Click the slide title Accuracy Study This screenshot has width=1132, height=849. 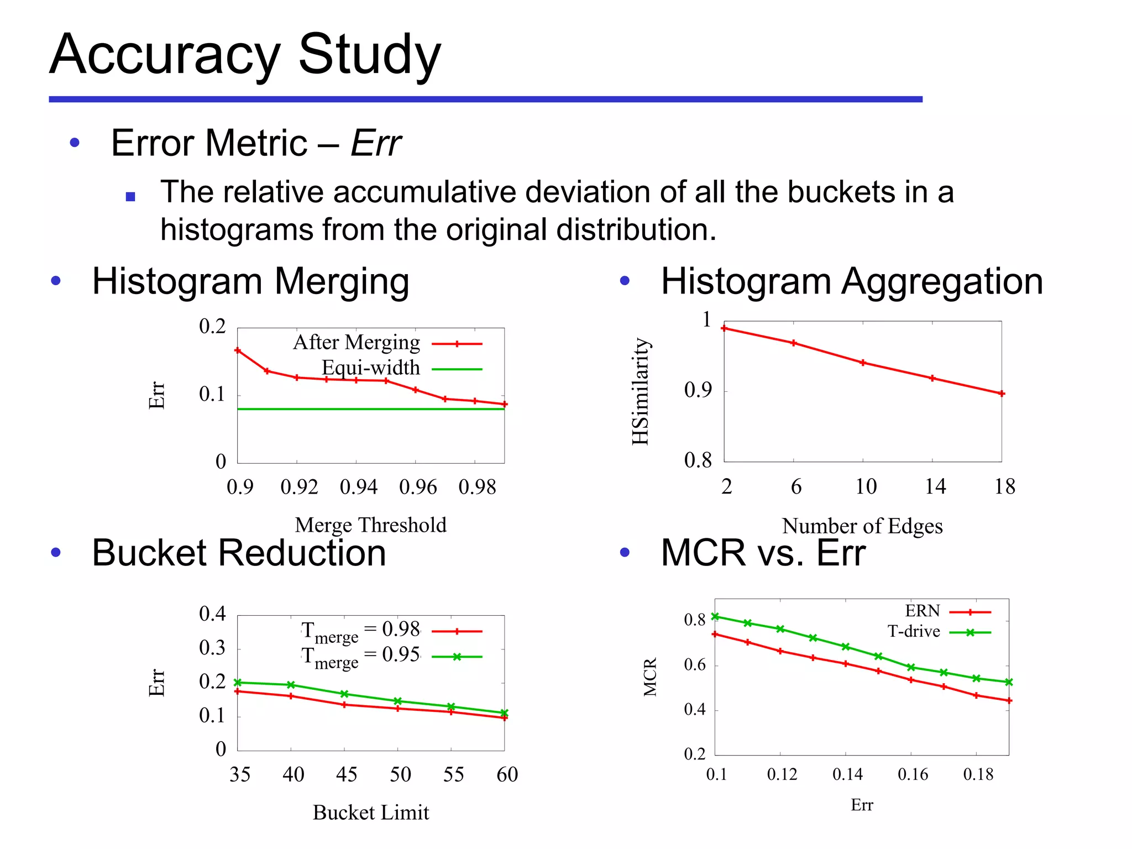pyautogui.click(x=245, y=55)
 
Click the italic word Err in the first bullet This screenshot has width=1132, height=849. pyautogui.click(x=376, y=143)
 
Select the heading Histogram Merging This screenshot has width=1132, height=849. pyautogui.click(x=250, y=281)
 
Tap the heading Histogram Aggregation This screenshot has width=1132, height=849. pyautogui.click(x=852, y=281)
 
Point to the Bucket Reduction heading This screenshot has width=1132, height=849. pyautogui.click(x=239, y=553)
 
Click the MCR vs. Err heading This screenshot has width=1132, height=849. pyautogui.click(x=763, y=553)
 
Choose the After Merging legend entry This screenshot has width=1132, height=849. pyautogui.click(x=357, y=343)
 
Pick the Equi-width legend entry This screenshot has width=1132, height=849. pyautogui.click(x=371, y=368)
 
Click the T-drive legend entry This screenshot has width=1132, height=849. pyautogui.click(x=914, y=631)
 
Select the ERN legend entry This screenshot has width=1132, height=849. pyautogui.click(x=923, y=611)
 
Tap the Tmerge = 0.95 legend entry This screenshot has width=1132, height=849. pyautogui.click(x=360, y=657)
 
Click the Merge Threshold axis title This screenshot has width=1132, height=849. pyautogui.click(x=371, y=525)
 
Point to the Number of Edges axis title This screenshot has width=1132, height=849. pyautogui.click(x=862, y=526)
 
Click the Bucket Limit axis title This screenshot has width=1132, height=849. pyautogui.click(x=371, y=813)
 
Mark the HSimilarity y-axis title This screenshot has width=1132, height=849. pyautogui.click(x=640, y=391)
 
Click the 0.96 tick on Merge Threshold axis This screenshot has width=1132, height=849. pyautogui.click(x=418, y=487)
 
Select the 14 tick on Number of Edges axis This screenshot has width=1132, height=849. pyautogui.click(x=935, y=486)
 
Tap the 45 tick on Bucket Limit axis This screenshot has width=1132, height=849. pyautogui.click(x=347, y=774)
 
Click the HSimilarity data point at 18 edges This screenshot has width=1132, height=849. pyautogui.click(x=1002, y=394)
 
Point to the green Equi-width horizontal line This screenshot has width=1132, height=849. pyautogui.click(x=370, y=409)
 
